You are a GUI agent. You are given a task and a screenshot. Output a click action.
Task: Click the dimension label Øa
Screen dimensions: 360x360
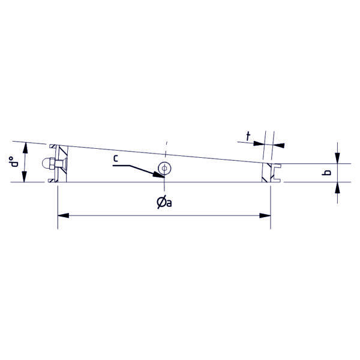point(164,202)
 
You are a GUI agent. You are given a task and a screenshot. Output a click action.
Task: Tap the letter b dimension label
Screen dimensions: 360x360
point(326,172)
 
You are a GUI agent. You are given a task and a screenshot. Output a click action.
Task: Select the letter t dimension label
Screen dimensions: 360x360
point(248,136)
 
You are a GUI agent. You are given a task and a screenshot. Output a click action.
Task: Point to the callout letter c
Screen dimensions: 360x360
point(115,158)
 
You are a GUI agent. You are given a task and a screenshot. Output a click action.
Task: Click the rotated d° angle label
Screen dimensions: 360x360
point(14,162)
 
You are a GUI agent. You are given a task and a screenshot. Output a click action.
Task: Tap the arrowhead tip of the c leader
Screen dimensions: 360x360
point(164,178)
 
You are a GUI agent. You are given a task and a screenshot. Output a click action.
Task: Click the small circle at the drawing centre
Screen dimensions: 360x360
point(164,168)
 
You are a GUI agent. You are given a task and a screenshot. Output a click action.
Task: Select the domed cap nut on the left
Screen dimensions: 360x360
point(48,164)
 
